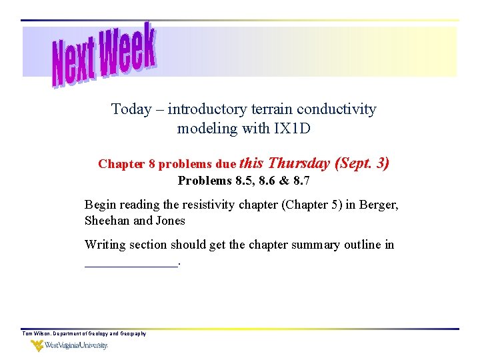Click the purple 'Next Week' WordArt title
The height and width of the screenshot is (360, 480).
[x=105, y=55]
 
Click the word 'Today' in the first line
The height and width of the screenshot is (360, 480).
[x=131, y=109]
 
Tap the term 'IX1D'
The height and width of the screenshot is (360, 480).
[x=292, y=129]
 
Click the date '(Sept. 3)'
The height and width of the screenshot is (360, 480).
[x=363, y=163]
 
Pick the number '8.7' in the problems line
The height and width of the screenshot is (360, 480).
[x=302, y=181]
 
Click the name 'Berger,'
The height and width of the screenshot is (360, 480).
[x=379, y=205]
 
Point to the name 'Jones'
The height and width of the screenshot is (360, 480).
[x=171, y=221]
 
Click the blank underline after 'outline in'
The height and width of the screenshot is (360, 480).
[x=131, y=264]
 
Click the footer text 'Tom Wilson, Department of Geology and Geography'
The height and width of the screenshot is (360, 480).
[x=84, y=333]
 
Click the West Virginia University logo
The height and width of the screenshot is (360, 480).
[x=69, y=345]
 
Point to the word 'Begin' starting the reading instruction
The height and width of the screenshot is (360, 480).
[x=100, y=205]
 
